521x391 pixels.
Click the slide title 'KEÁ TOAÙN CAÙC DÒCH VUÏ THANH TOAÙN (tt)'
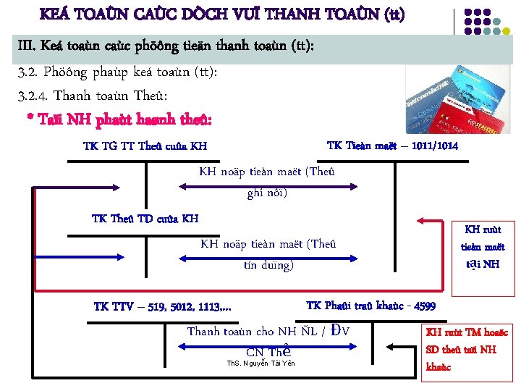[x=222, y=14]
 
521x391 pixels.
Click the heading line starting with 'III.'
[x=166, y=48]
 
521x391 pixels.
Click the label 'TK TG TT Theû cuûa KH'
[x=145, y=146]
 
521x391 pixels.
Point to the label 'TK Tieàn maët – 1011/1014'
[x=392, y=146]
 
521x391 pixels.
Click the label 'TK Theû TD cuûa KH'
[x=145, y=219]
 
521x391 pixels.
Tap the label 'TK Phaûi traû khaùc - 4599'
[x=370, y=306]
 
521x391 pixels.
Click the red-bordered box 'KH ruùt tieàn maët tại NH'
[x=483, y=247]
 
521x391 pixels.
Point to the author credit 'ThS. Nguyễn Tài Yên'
[x=261, y=363]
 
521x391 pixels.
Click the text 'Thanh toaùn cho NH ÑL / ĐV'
[x=268, y=331]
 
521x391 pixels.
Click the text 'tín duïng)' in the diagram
[x=268, y=265]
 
